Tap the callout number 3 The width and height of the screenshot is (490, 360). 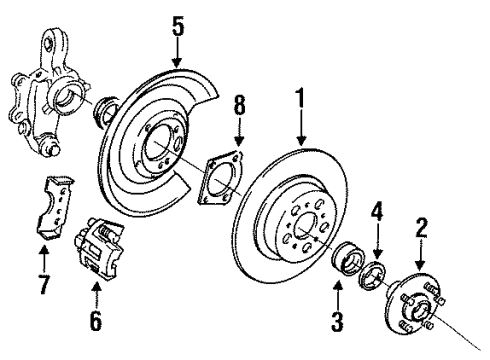[x=337, y=321]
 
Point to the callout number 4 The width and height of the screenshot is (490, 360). [x=376, y=239]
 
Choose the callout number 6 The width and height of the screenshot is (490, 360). [x=96, y=323]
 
